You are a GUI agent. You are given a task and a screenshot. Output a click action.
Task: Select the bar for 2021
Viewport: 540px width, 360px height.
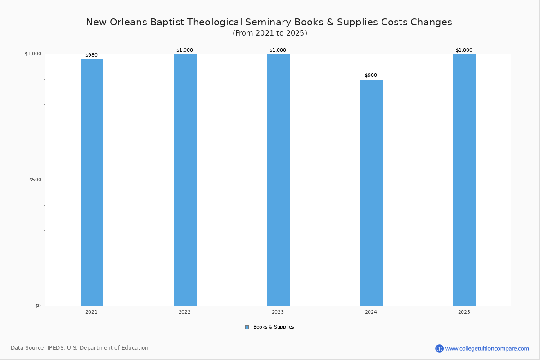pos(92,183)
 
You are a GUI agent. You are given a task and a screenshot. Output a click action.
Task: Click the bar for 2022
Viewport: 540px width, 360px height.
pos(185,180)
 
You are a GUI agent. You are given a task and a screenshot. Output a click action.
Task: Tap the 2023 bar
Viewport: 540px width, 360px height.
pos(278,180)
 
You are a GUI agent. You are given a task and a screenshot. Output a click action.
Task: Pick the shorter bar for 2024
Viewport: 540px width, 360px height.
pos(372,193)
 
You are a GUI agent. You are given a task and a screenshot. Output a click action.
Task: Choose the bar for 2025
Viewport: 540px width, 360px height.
pos(464,180)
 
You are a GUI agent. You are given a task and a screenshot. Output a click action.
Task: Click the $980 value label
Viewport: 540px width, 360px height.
pos(92,55)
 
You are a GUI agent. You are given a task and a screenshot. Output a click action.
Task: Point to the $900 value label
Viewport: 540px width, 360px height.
pos(371,75)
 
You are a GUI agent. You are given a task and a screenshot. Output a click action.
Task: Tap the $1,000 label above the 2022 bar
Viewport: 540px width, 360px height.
pos(184,50)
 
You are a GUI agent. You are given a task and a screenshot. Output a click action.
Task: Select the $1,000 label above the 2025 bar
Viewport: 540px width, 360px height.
pos(464,50)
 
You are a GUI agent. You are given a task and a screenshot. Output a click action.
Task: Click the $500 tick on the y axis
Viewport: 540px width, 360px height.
pos(35,180)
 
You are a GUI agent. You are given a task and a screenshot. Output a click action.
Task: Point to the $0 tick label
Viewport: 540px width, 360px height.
pos(38,306)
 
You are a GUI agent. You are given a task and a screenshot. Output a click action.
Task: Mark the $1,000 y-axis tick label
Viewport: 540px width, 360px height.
pos(33,54)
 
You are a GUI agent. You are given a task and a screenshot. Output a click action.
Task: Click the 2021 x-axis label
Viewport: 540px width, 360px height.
pos(92,312)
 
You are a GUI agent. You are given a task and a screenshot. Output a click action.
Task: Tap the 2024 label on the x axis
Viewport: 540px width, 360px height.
pos(371,312)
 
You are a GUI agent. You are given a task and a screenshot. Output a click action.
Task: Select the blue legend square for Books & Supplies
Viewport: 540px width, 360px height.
pos(247,327)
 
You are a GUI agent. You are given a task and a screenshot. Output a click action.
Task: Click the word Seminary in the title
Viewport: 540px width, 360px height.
pos(268,22)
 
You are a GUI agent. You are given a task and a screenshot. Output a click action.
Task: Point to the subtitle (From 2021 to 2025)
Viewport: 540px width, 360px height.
pos(270,33)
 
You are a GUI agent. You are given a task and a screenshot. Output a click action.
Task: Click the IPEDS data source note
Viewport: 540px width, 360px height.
pos(80,348)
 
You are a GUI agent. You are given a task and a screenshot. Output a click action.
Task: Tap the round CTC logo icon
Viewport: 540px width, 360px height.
pos(439,348)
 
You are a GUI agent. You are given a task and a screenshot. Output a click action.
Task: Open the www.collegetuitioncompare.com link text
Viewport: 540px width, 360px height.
pos(487,348)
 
